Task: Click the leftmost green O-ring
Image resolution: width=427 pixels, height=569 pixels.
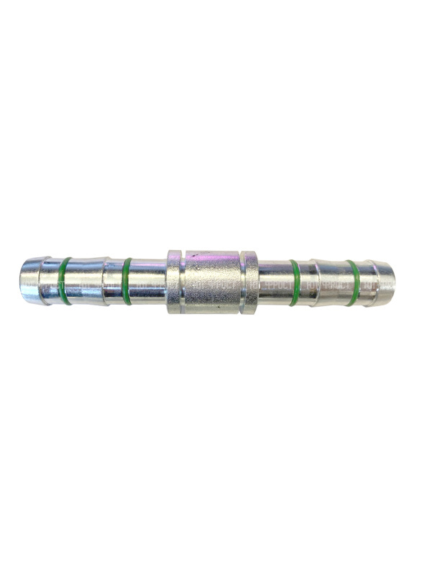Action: (65, 281)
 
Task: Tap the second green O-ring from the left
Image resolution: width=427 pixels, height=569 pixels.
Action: (127, 281)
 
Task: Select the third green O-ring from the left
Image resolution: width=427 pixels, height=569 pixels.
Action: (295, 282)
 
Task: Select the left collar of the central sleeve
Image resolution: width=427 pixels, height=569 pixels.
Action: (173, 282)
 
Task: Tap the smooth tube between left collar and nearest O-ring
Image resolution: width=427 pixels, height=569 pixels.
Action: (148, 281)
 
